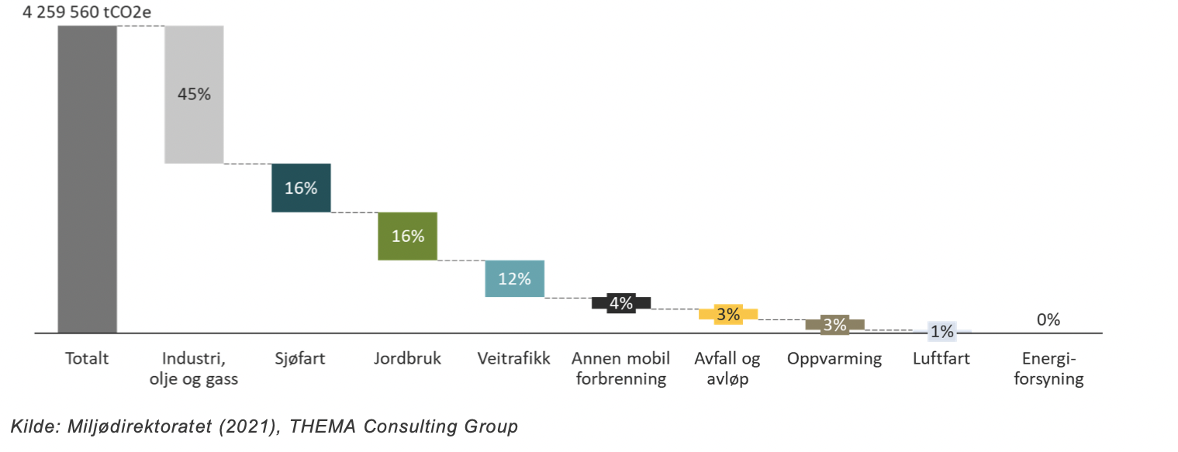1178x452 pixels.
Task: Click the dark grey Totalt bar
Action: coord(87,179)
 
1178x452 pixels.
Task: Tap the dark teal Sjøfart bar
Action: coord(301,188)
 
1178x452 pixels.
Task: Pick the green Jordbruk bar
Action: coord(407,236)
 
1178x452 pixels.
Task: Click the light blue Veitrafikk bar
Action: coord(514,278)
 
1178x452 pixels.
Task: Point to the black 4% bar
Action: coord(621,303)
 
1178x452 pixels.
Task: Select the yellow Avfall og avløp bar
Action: coord(728,314)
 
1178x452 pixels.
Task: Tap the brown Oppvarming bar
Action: coord(834,325)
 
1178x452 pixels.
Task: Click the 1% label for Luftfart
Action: coord(941,332)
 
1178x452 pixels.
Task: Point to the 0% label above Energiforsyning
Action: coord(1048,319)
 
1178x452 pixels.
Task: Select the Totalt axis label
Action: coord(87,359)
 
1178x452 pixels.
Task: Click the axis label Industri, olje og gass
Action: coord(194,369)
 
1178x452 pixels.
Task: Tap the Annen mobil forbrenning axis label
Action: coord(621,369)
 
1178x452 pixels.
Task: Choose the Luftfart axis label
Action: coord(941,359)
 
